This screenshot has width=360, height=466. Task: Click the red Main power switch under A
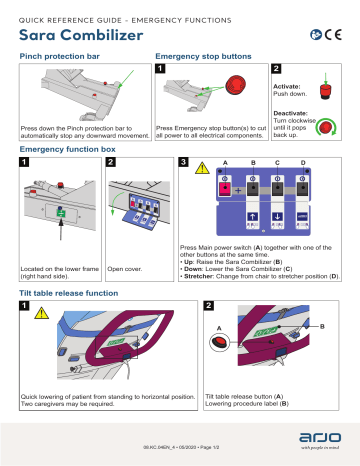tap(226, 188)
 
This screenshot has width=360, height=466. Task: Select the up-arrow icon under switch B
tap(254, 216)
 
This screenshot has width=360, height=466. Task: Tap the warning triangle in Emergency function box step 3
tap(193, 171)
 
